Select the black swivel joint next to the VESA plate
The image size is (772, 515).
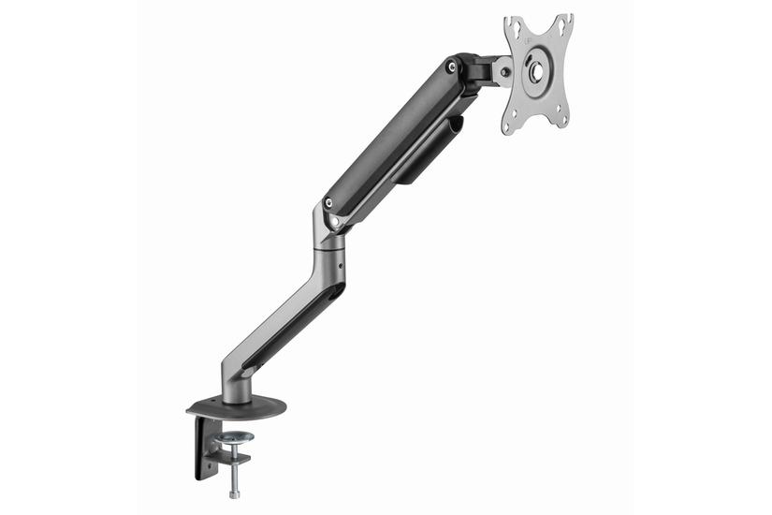pos(480,69)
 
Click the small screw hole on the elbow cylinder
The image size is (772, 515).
pos(341,265)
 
